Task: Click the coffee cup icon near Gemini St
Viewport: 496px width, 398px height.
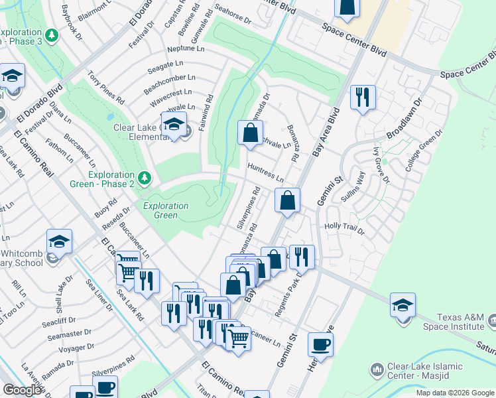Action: [x=320, y=345]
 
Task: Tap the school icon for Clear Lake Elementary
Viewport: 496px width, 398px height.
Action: [x=174, y=124]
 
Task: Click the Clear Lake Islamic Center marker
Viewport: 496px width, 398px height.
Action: [x=377, y=369]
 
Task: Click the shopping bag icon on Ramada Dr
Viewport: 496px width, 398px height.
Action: [x=250, y=132]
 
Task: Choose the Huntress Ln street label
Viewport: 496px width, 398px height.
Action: [x=265, y=174]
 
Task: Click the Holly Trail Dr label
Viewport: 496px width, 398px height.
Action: [x=345, y=229]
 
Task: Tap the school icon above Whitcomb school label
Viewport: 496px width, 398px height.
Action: [x=59, y=241]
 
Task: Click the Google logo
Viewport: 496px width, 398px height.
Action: [x=22, y=390]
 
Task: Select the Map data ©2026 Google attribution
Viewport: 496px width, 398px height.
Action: [x=454, y=393]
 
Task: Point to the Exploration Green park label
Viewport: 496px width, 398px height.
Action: [x=166, y=210]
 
